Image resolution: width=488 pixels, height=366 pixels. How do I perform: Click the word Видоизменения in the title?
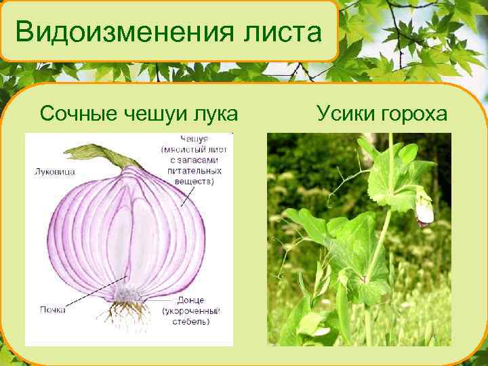coord(116,32)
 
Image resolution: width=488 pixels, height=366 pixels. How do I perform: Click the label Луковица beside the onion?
coord(54,171)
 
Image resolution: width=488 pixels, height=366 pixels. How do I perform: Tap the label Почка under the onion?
coord(52,309)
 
